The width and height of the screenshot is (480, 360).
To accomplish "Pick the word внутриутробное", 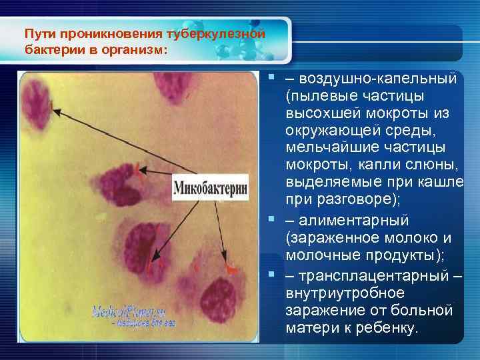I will pyautogui.click(x=335, y=293).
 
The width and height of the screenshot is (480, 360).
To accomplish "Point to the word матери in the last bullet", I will pyautogui.click(x=308, y=329).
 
